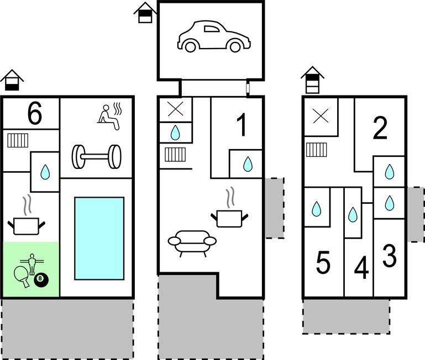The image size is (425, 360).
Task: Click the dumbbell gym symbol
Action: coord(96,156)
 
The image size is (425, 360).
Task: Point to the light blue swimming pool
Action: coord(99,238)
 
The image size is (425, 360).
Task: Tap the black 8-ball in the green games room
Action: coord(41,279)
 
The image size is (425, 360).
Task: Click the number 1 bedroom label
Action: coord(242,126)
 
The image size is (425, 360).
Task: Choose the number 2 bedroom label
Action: coord(380,129)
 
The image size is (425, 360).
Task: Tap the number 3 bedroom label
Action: coord(390,256)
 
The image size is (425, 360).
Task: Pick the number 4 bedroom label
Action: coord(361,269)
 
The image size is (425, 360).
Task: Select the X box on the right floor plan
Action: coord(320,117)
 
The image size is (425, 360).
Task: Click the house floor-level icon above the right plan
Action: coord(313,80)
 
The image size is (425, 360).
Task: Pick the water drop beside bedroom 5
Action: coord(317,209)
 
